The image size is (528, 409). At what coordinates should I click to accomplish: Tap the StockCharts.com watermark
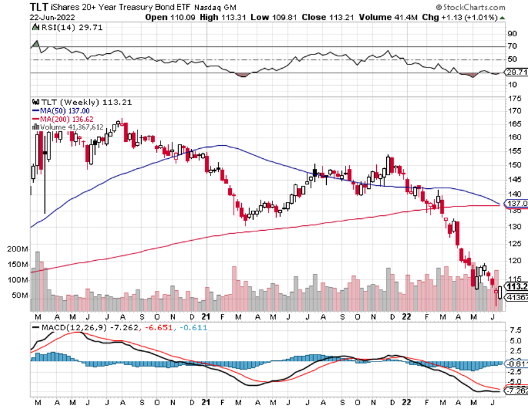pos(477,7)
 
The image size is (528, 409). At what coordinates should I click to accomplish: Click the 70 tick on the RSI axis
pos(511,46)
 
